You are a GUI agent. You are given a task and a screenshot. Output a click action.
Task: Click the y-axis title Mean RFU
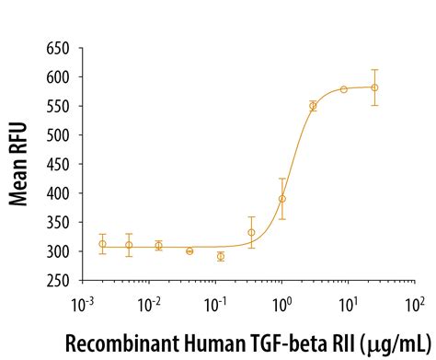click(x=20, y=161)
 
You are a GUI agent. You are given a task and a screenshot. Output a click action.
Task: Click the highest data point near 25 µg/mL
click(x=373, y=87)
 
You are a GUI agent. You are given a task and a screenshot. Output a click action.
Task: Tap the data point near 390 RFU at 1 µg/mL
click(x=282, y=198)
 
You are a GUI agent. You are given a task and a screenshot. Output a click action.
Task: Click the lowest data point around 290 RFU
click(x=221, y=256)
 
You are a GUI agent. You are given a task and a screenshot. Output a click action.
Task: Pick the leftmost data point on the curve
click(x=102, y=244)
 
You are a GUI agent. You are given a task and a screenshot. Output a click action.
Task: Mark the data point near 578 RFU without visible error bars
click(x=343, y=89)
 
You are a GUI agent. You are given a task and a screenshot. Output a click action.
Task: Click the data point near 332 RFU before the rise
click(x=251, y=232)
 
